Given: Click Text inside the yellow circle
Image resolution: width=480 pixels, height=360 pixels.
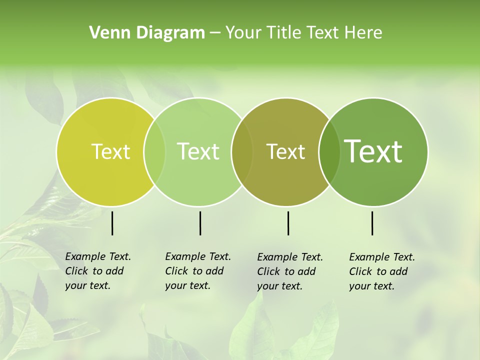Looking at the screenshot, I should pos(110,151).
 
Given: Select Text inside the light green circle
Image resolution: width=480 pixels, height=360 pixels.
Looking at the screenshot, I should pos(198,151).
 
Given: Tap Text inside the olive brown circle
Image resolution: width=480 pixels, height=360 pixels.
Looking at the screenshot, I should pos(285,151).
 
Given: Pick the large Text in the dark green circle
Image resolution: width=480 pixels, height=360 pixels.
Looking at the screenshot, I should pos(373,151).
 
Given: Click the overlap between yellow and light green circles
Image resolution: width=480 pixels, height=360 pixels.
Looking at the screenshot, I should pos(154,152).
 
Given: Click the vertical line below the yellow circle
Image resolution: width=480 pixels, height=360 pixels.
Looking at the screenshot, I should pos(112,223).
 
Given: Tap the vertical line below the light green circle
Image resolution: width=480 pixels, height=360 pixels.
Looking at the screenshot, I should pos(200,223).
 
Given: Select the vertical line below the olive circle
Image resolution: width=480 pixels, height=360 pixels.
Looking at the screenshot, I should pos(288,223).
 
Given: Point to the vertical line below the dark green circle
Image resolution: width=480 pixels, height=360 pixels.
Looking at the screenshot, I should pos(372,223).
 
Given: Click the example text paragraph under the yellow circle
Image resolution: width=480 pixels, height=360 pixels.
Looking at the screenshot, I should pos(97,271).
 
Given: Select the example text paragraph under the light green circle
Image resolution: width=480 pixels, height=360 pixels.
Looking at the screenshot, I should pos(197,271).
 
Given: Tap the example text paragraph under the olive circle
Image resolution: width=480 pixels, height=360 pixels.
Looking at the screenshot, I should pos(289,271).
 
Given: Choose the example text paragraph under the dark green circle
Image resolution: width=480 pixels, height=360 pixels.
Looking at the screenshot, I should pos(381,271).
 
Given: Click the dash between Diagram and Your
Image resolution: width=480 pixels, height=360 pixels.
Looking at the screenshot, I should pos(215,33).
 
